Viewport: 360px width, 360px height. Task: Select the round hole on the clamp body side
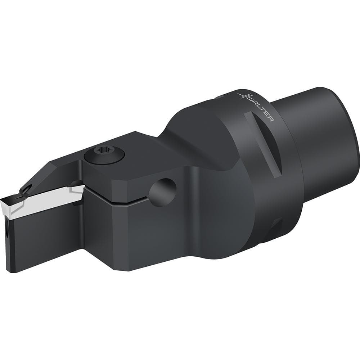tap(163, 192)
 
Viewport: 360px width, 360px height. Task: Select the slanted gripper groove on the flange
tap(264, 144)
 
